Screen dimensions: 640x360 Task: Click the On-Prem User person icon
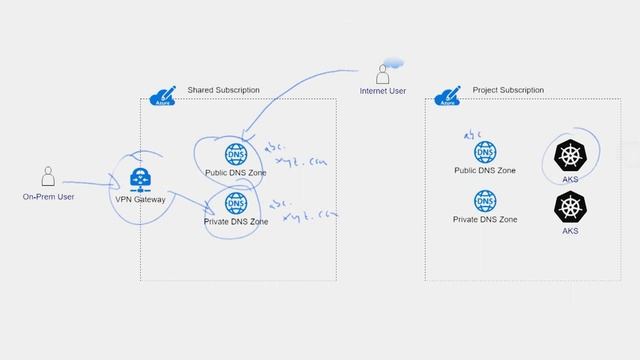[47, 176]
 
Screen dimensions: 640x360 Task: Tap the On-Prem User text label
[48, 197]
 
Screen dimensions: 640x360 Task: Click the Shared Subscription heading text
[223, 90]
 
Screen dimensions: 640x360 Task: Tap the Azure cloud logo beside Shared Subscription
[162, 96]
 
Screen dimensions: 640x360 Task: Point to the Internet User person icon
[382, 74]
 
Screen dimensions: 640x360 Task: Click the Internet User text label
[383, 92]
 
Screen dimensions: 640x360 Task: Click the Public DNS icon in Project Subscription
[485, 153]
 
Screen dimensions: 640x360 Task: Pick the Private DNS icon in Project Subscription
[485, 200]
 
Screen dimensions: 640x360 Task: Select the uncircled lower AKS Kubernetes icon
[570, 207]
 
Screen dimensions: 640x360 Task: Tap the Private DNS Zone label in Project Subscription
[485, 219]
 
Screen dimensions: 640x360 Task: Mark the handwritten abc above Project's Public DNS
[472, 132]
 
